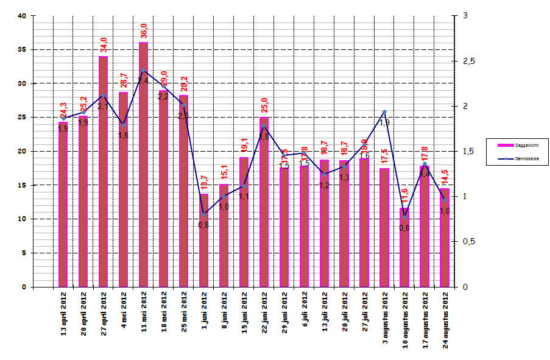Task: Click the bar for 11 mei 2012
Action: click(x=143, y=164)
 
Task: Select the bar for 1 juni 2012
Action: click(x=203, y=240)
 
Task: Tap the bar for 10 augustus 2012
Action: click(x=404, y=247)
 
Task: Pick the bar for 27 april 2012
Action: click(x=104, y=171)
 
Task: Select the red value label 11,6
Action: click(x=405, y=197)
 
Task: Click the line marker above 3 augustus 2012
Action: click(x=384, y=112)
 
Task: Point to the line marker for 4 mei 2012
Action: click(x=123, y=125)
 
